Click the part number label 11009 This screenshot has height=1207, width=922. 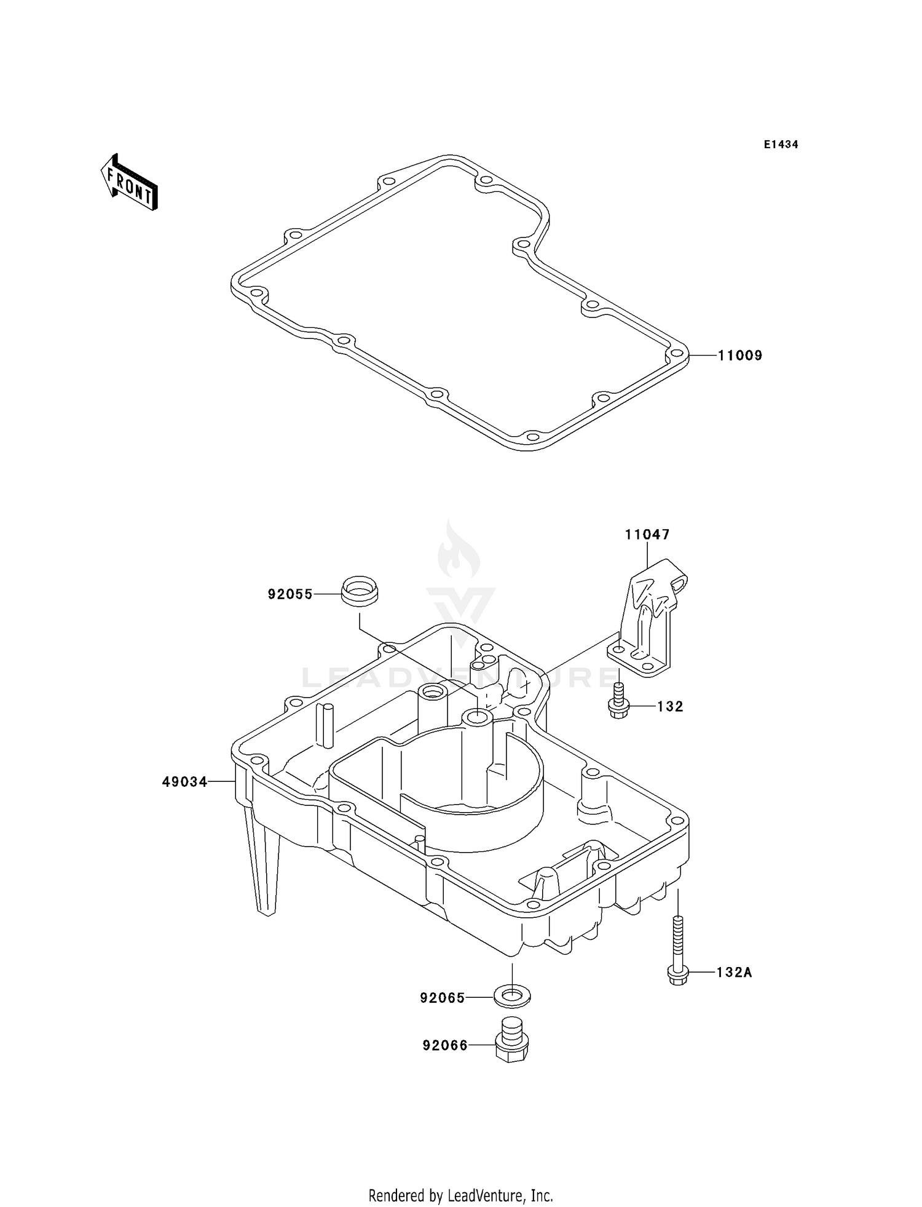click(740, 356)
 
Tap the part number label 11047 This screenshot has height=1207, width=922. click(647, 535)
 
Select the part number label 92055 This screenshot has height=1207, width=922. click(290, 594)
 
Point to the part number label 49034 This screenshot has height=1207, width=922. click(184, 782)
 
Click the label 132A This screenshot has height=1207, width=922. click(734, 973)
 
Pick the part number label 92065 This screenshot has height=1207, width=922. click(443, 998)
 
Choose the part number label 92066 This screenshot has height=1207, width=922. click(445, 1045)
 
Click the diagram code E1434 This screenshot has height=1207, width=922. click(781, 145)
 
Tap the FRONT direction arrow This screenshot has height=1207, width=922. click(129, 183)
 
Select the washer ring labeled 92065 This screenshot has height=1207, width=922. click(512, 995)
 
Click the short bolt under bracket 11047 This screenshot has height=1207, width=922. click(618, 702)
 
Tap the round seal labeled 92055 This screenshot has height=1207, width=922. click(360, 591)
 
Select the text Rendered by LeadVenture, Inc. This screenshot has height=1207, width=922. click(460, 1195)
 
